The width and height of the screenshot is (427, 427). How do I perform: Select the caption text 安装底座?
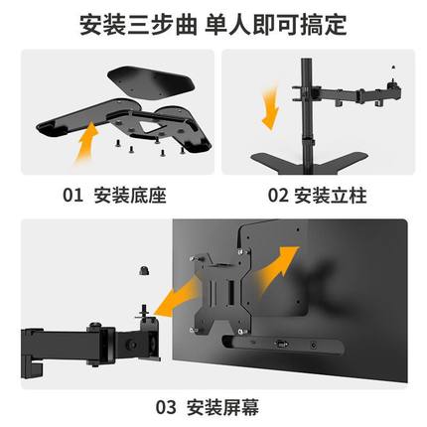tap(132, 195)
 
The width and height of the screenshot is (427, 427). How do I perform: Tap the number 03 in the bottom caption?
tap(166, 406)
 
